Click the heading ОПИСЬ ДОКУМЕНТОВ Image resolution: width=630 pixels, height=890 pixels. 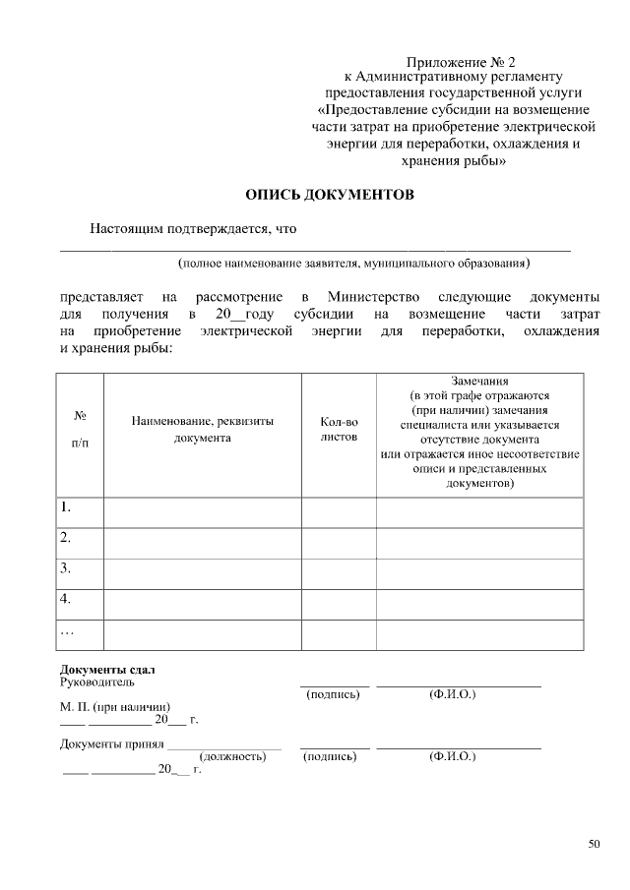tap(330, 195)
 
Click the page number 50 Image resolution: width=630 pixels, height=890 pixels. tap(593, 843)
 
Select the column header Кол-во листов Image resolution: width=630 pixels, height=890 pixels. tap(339, 429)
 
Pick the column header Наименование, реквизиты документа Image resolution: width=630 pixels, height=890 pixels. tap(202, 429)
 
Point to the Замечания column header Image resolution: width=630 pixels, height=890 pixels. tap(478, 432)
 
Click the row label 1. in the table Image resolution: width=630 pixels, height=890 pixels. tap(66, 507)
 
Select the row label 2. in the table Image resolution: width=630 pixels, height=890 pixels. tap(66, 538)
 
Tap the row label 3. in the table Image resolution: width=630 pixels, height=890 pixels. tap(66, 568)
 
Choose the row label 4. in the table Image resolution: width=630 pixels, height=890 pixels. tap(66, 599)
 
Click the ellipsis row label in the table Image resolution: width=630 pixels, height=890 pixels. tap(67, 630)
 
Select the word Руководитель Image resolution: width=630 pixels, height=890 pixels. tap(97, 682)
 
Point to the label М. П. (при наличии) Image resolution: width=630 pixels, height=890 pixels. tap(115, 707)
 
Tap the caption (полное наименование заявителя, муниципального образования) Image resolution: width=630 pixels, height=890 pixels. tap(353, 264)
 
